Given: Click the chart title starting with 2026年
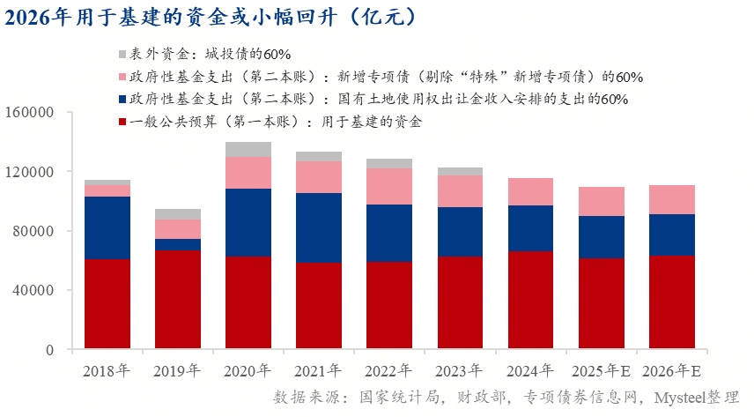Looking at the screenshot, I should [212, 17].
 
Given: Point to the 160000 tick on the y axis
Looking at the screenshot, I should [30, 113].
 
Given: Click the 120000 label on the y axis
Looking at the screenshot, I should [30, 172].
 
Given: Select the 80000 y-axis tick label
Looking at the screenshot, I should [33, 231].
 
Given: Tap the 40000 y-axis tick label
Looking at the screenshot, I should [33, 290].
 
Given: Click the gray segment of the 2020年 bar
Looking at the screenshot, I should [248, 149].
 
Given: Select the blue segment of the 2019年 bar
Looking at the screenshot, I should [177, 244].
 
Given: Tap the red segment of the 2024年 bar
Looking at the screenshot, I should [530, 300].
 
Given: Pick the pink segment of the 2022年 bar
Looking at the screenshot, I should [388, 186].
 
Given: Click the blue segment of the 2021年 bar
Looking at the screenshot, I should [318, 227].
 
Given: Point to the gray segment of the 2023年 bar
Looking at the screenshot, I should [460, 171].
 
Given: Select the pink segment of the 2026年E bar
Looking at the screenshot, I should [672, 199].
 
